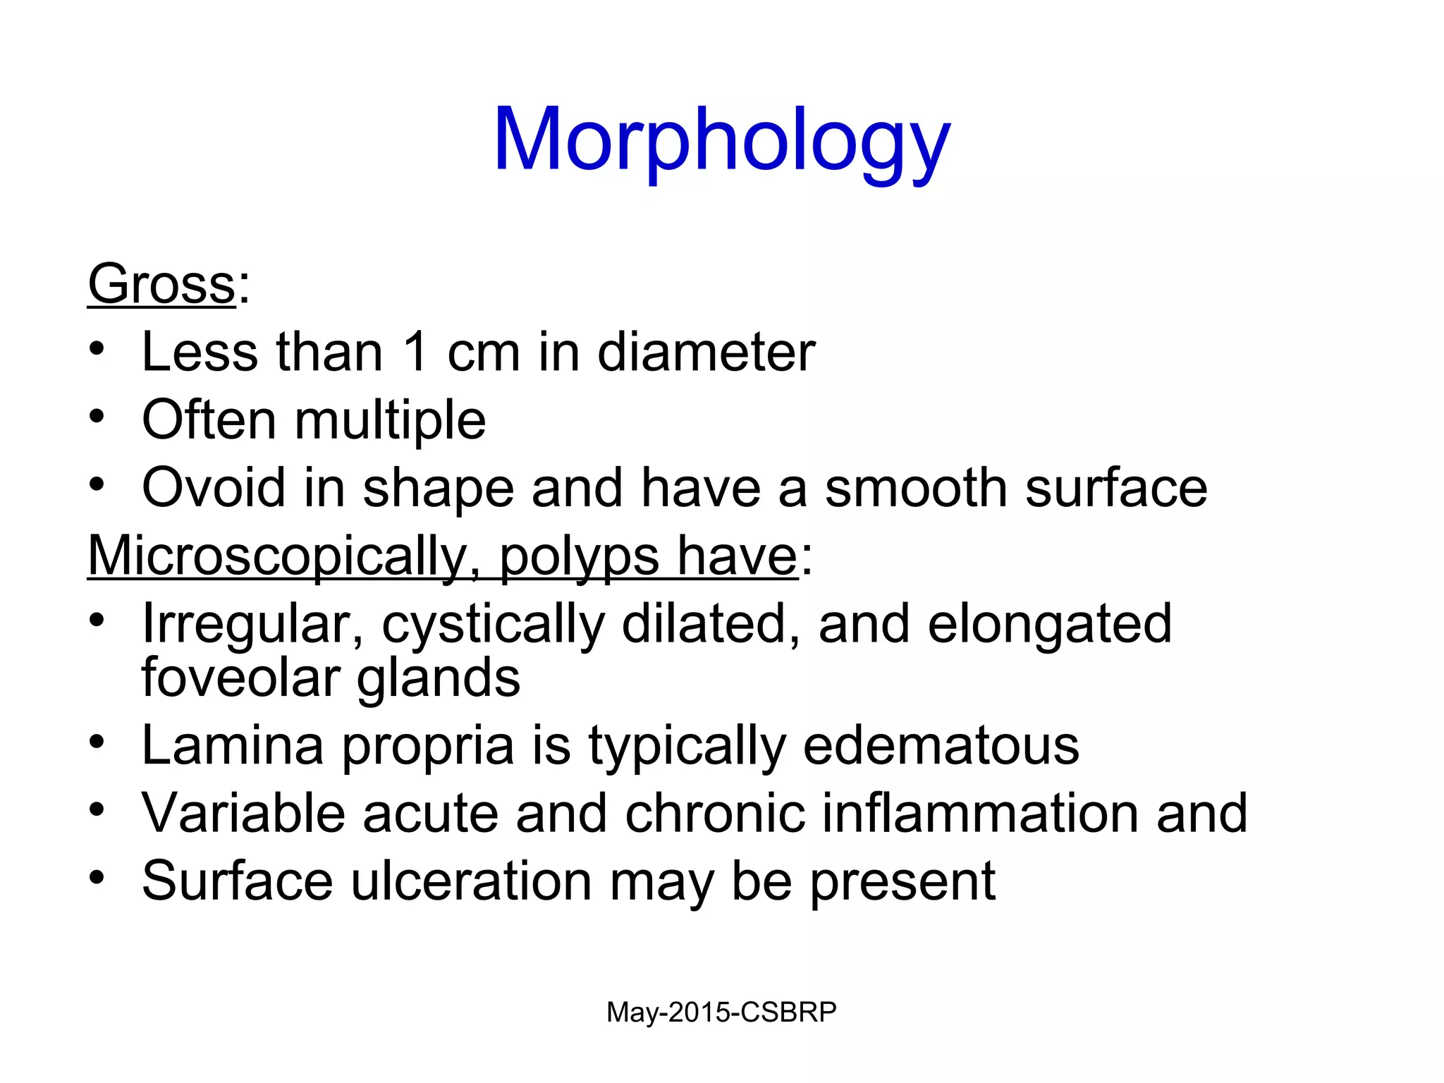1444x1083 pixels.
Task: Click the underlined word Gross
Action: [x=161, y=284]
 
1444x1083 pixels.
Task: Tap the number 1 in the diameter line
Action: [x=416, y=352]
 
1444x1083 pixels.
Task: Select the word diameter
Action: [x=706, y=352]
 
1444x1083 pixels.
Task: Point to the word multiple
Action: [x=390, y=420]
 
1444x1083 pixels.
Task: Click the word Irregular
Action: [x=252, y=625]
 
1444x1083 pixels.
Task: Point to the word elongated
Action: [x=1049, y=625]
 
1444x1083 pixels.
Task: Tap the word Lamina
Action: [x=233, y=745]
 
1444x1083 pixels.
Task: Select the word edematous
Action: [x=941, y=745]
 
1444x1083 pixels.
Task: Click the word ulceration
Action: [x=471, y=881]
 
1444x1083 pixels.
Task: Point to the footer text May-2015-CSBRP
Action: [x=721, y=1012]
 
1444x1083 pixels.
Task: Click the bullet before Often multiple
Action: [x=97, y=415]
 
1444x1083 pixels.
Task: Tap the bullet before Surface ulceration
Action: [x=97, y=877]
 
